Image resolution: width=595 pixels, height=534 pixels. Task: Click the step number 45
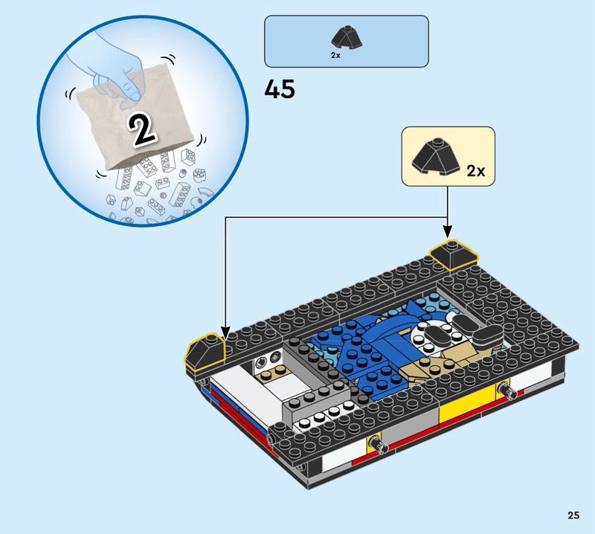point(280,89)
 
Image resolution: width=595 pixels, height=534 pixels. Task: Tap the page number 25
point(573,515)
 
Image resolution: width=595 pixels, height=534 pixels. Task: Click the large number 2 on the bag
point(142,130)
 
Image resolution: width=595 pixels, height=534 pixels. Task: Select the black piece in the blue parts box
point(347,38)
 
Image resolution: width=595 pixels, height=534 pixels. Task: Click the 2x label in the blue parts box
point(335,56)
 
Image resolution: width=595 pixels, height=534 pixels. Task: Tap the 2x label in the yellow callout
point(476,171)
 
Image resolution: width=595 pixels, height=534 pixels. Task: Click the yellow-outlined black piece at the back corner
point(454,254)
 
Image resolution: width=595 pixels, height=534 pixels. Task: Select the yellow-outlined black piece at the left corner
point(205,351)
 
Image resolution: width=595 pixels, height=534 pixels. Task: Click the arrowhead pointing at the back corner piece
point(448,232)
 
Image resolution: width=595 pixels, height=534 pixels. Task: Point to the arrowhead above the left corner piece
point(225,333)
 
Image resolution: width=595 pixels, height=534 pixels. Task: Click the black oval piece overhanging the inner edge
point(488,337)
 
